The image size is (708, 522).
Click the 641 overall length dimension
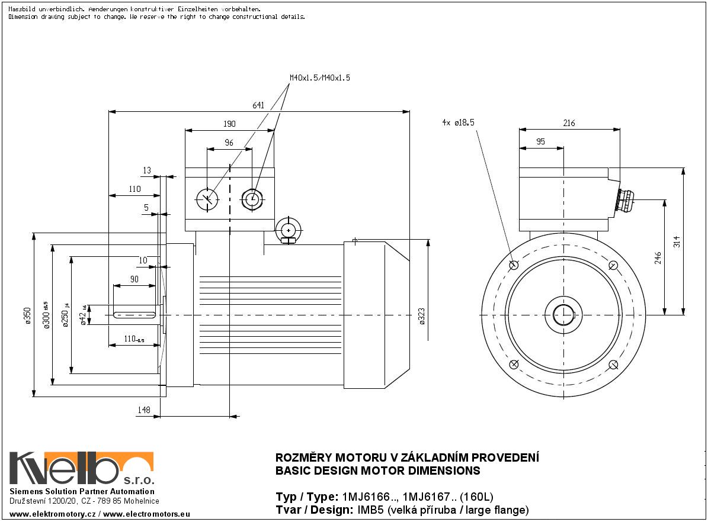coord(258,106)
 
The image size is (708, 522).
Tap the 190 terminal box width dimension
coord(229,124)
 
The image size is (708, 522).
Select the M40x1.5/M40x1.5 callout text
coord(319,78)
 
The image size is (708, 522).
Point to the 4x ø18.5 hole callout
coord(459,123)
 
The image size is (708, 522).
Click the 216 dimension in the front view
coord(569,124)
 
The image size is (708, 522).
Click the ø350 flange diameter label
coord(27,315)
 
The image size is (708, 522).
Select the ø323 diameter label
coord(422,316)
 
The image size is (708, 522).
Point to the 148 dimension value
coord(144,410)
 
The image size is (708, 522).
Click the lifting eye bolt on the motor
coord(289,230)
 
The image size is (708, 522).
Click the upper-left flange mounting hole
coord(514,265)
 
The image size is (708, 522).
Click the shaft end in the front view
coord(564,314)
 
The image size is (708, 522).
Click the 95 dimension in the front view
coord(540,142)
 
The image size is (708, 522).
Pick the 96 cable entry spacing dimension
coord(229,143)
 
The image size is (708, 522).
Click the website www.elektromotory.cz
coord(53,514)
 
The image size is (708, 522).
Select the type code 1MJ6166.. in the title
coord(363,497)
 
